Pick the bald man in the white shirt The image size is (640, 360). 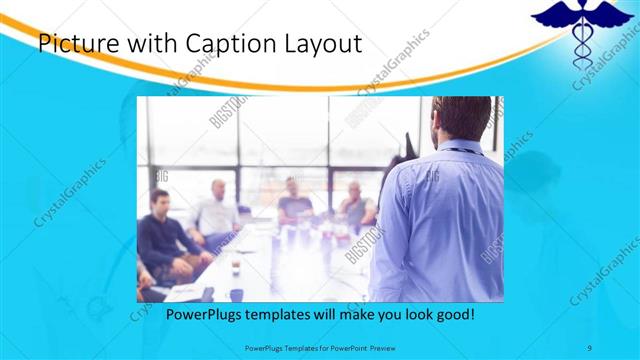(x=217, y=211)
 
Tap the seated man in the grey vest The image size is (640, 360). (x=355, y=205)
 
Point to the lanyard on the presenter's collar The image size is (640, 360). (x=455, y=151)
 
